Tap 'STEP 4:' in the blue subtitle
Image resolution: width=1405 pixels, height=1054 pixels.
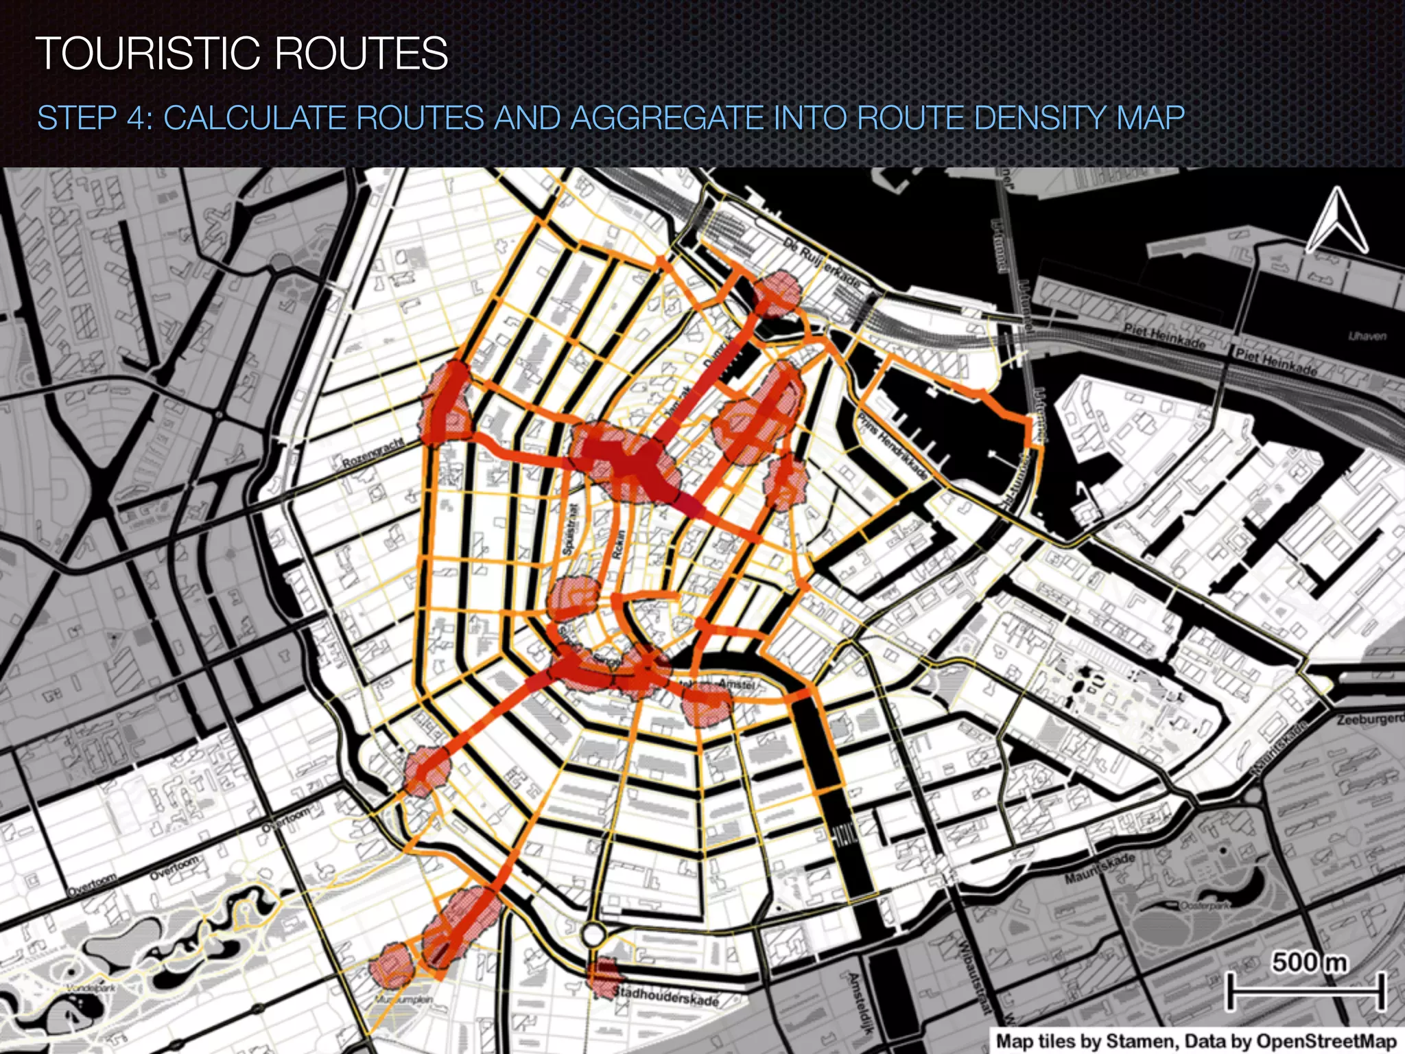(95, 118)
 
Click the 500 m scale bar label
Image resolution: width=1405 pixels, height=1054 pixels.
(1309, 962)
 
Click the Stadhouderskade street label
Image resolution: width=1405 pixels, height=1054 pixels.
(665, 996)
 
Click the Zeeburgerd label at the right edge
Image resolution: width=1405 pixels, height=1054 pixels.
(1369, 720)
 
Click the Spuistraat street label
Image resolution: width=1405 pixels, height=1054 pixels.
(570, 529)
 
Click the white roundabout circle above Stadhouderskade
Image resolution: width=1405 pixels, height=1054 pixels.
(593, 934)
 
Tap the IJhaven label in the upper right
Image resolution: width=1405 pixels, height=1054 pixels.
(1367, 336)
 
